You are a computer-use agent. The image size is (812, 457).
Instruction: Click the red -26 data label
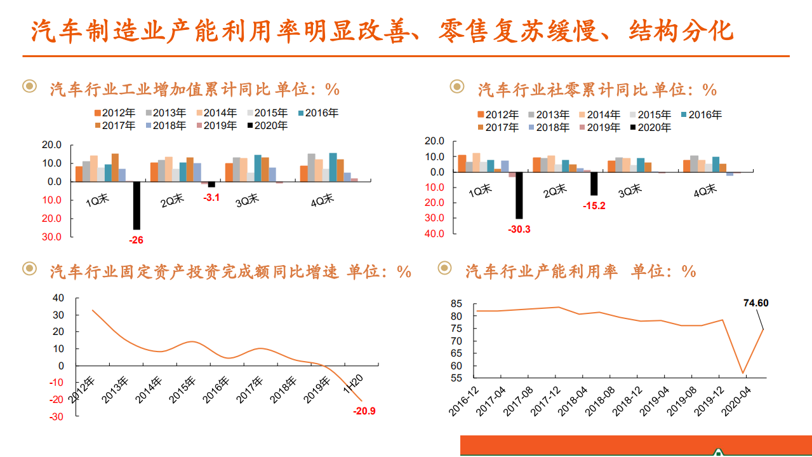tap(136, 241)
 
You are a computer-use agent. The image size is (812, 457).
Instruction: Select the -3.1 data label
tap(211, 198)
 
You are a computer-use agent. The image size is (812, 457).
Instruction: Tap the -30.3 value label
tap(519, 229)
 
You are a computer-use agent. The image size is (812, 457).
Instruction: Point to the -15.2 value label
tap(594, 205)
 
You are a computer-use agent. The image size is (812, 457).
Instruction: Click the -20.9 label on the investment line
tap(364, 411)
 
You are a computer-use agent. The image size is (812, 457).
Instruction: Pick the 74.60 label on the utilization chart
tap(755, 303)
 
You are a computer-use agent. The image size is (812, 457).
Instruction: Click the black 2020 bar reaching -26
tap(136, 205)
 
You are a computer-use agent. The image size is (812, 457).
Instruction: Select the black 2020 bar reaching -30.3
tap(519, 195)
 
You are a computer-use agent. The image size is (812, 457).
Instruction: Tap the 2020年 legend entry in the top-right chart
tap(650, 127)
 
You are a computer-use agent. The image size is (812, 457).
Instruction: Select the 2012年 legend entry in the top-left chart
tap(114, 113)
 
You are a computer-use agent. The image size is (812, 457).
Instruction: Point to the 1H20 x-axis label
tap(352, 384)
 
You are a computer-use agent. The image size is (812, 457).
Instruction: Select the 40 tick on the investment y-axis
tap(58, 297)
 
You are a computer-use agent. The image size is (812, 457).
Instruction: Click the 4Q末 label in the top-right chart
tap(705, 191)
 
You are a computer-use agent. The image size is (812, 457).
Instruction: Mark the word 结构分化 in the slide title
tap(681, 30)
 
